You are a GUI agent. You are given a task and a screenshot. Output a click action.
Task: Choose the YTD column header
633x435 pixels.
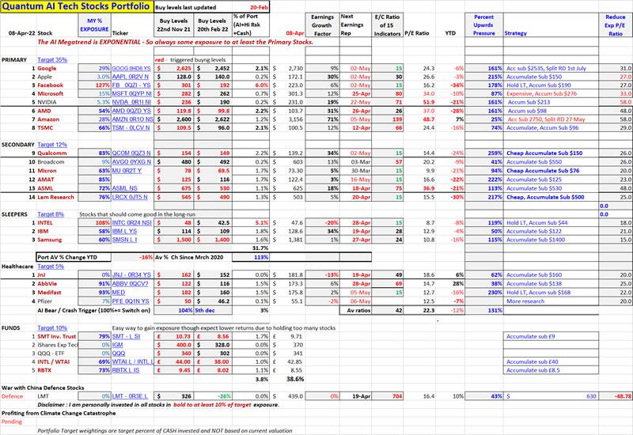click(x=453, y=33)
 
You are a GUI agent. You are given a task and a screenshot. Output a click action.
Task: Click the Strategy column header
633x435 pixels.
click(x=516, y=33)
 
